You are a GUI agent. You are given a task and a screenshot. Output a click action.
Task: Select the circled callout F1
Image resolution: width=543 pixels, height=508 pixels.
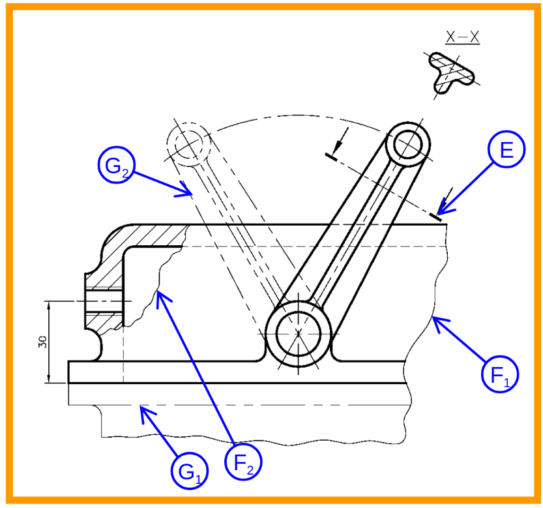(x=500, y=375)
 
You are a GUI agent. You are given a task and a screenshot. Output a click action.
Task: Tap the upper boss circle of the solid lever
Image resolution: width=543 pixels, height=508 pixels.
(x=409, y=143)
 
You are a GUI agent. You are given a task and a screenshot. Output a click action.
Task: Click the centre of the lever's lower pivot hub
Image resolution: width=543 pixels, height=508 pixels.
(x=299, y=333)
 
